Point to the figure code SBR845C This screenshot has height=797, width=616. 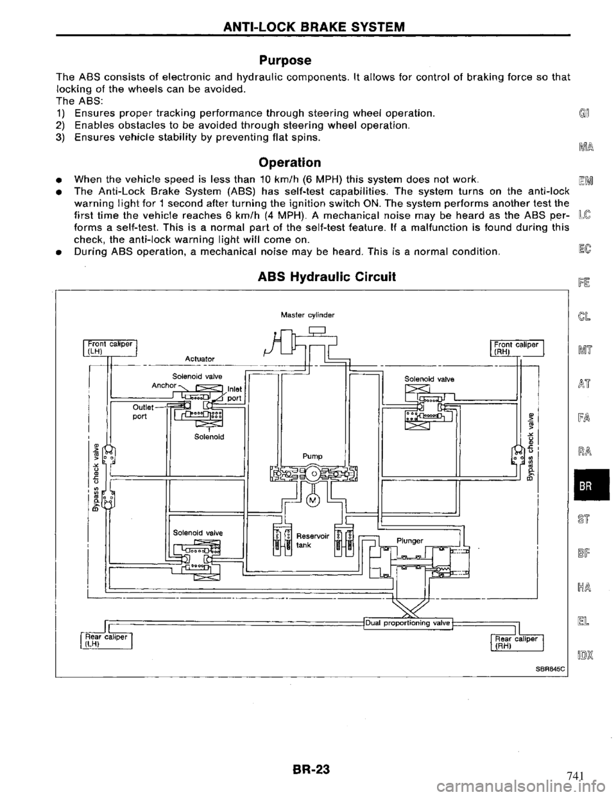pyautogui.click(x=522, y=673)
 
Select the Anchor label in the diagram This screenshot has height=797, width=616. pyautogui.click(x=160, y=385)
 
